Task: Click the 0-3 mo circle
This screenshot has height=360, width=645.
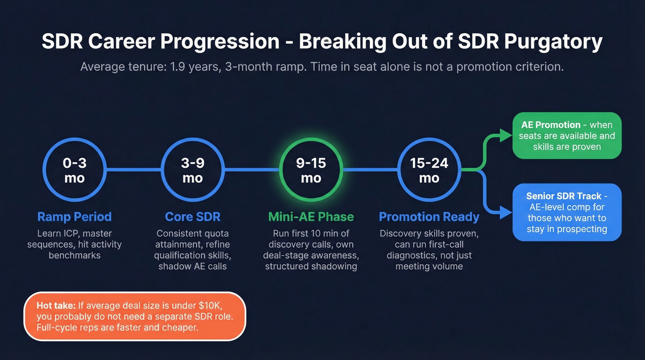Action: pyautogui.click(x=74, y=170)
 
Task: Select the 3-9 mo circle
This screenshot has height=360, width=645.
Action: pyautogui.click(x=193, y=170)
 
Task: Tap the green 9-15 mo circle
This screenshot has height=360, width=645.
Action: pyautogui.click(x=311, y=170)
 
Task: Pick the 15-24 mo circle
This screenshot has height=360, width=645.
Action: pyautogui.click(x=429, y=170)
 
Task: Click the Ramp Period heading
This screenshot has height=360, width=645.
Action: pyautogui.click(x=74, y=217)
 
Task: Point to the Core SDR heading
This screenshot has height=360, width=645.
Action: pyautogui.click(x=193, y=217)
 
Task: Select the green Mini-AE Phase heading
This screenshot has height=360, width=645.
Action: pyautogui.click(x=311, y=217)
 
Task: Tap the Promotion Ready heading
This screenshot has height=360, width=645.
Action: pyautogui.click(x=429, y=217)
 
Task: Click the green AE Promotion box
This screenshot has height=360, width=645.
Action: pyautogui.click(x=567, y=136)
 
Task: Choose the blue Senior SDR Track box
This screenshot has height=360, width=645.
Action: pyautogui.click(x=567, y=212)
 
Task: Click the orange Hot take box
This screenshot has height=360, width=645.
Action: pyautogui.click(x=135, y=316)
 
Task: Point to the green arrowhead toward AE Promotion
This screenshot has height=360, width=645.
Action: pyautogui.click(x=507, y=135)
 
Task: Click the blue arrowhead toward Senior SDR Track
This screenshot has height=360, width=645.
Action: pyautogui.click(x=507, y=212)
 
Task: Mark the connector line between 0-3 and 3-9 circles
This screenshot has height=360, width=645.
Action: pyautogui.click(x=134, y=170)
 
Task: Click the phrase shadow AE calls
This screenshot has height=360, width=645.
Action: pyautogui.click(x=193, y=266)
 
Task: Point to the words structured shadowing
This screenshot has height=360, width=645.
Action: pyautogui.click(x=311, y=266)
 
